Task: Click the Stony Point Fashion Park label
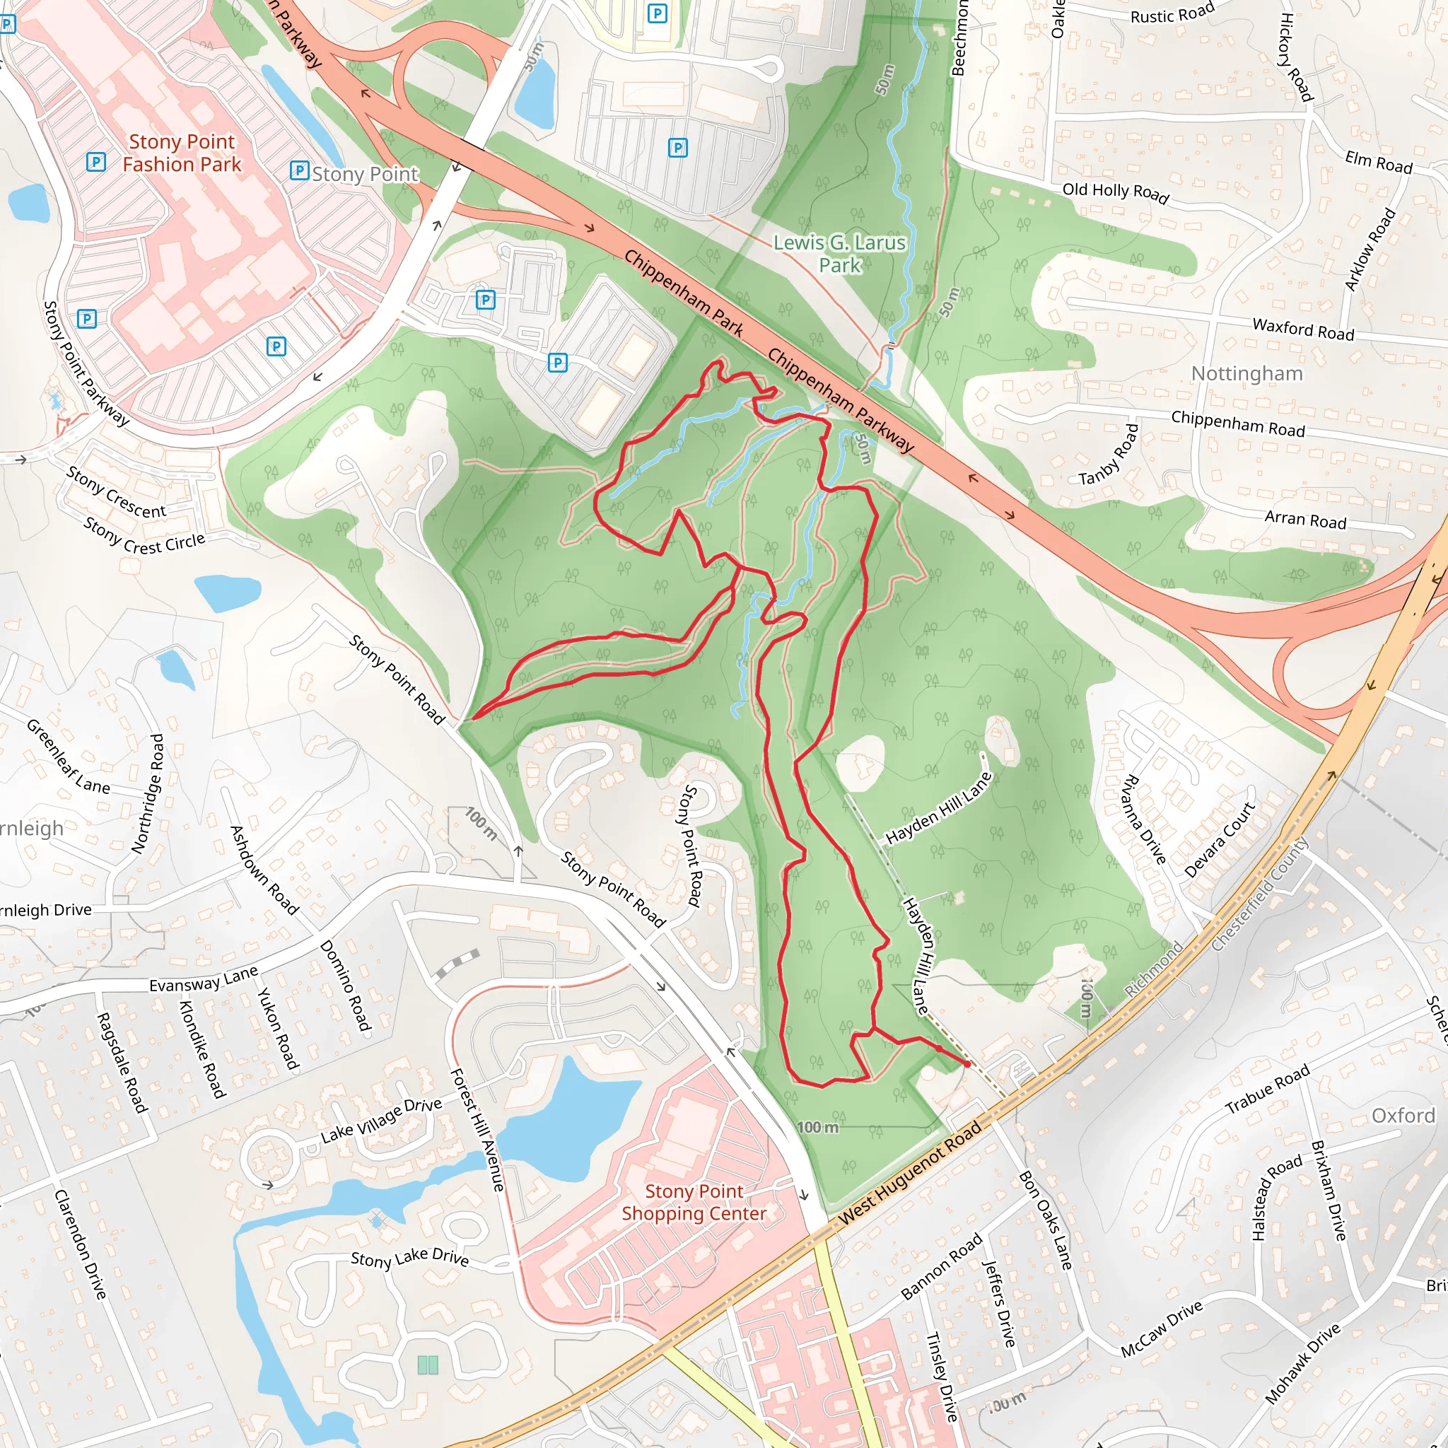(x=182, y=153)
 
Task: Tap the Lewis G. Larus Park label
(x=839, y=253)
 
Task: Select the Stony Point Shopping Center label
(x=694, y=1202)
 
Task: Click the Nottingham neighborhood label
(x=1246, y=373)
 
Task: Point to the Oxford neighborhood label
(x=1403, y=1115)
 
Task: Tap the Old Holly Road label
(x=1115, y=192)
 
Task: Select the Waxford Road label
(x=1302, y=329)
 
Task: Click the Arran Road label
(x=1305, y=520)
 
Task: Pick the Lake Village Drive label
(x=381, y=1121)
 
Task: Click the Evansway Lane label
(x=203, y=979)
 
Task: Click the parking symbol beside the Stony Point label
(x=299, y=171)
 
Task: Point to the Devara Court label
(x=1220, y=839)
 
